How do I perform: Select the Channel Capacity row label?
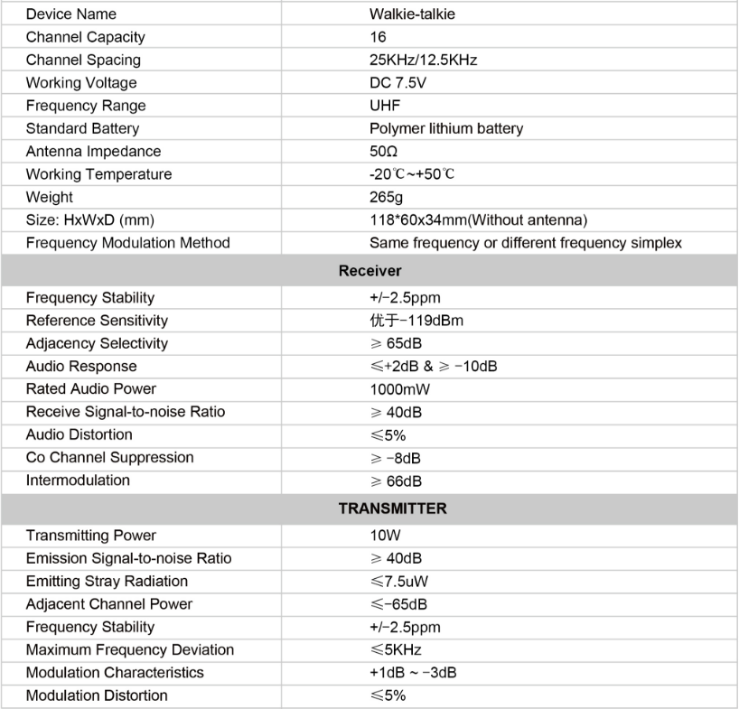[85, 37]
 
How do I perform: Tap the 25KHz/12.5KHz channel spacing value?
[423, 61]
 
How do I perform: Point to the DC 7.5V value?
[398, 83]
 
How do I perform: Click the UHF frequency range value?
[385, 106]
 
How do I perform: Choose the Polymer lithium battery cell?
[445, 128]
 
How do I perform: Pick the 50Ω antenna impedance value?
[383, 152]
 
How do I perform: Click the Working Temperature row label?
[98, 174]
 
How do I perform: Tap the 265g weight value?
[386, 197]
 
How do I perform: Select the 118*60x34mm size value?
[478, 219]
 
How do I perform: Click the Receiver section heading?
[369, 270]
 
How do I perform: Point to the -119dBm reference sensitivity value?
[416, 321]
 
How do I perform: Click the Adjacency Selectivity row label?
[97, 343]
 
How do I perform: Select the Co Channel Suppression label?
[109, 457]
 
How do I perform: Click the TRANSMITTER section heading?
[392, 508]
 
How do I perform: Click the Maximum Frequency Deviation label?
[130, 650]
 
